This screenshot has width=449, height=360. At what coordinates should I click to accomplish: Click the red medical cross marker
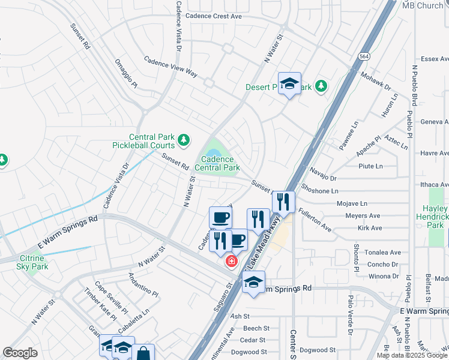(231, 262)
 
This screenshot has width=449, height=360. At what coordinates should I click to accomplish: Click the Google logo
(20, 353)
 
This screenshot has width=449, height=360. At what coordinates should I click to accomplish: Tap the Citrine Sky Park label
(19, 262)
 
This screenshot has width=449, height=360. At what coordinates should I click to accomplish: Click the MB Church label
(423, 5)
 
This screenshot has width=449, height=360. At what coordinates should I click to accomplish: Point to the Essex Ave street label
(436, 59)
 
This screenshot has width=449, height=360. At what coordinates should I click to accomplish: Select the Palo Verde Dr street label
(350, 314)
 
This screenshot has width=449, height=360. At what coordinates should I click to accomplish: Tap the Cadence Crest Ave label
(214, 16)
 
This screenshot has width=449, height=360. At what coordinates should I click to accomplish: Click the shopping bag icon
(143, 353)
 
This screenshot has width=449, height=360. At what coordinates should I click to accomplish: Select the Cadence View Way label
(170, 66)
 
